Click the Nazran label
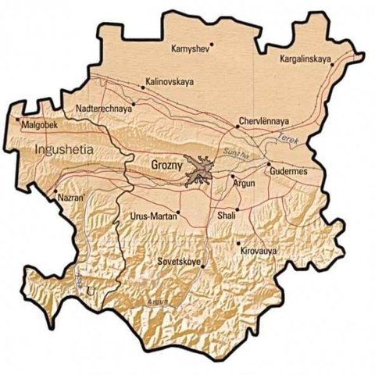(70, 198)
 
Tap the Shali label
(227, 215)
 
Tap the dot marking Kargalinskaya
(332, 65)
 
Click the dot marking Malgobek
(20, 120)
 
